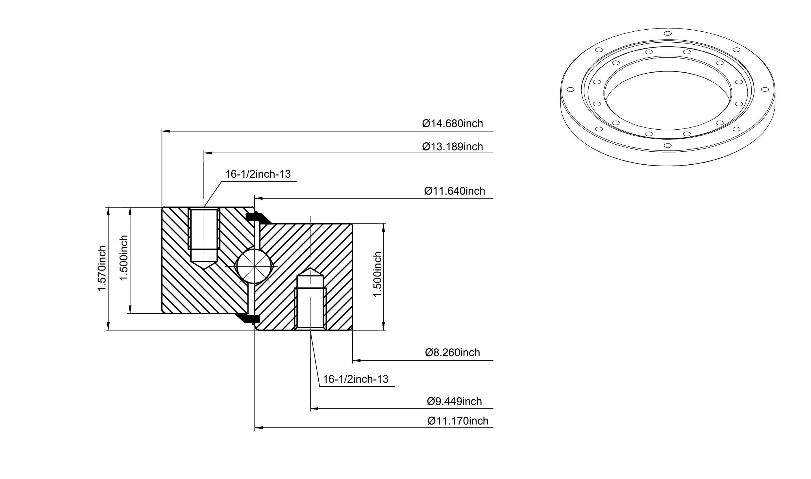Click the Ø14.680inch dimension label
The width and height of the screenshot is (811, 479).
tap(452, 124)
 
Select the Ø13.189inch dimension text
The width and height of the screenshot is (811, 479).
tap(452, 147)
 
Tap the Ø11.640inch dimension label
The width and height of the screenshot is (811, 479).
tap(455, 191)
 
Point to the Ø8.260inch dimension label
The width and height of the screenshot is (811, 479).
tap(453, 352)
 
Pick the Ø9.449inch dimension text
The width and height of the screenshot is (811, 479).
tap(454, 402)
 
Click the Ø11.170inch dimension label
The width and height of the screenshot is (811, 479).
tap(458, 421)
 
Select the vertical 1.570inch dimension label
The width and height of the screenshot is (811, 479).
tap(102, 268)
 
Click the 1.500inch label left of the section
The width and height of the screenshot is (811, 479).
tap(124, 258)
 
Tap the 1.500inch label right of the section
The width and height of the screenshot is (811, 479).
tap(377, 275)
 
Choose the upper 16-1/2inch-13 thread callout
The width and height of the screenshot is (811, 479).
tap(258, 174)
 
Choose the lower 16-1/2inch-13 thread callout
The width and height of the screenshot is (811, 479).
tap(355, 379)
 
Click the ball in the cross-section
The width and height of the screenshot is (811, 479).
tap(255, 266)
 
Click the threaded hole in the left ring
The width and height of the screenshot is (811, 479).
tap(204, 238)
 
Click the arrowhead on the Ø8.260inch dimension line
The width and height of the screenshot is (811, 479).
tap(356, 360)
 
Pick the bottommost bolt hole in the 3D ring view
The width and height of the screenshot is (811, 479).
tap(668, 145)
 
